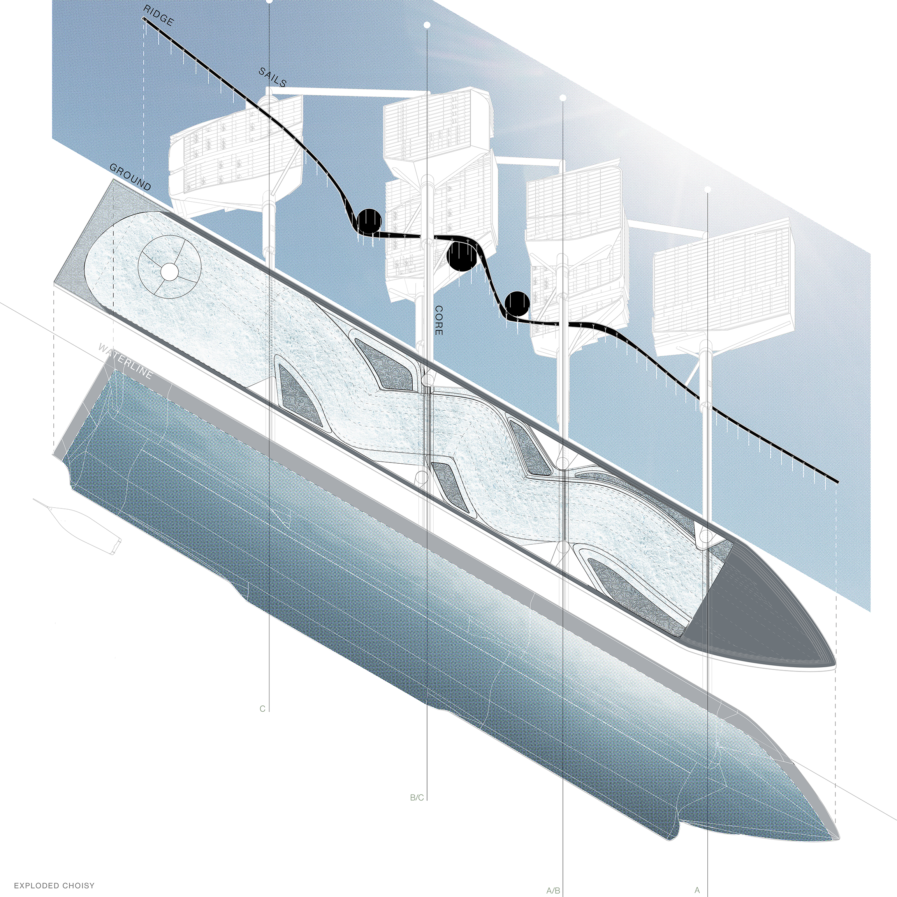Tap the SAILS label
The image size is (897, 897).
(x=273, y=77)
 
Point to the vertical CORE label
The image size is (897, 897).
(x=438, y=320)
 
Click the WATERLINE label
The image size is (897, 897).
(x=125, y=362)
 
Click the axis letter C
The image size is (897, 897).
(x=262, y=709)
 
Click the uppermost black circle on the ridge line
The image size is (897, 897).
(x=369, y=221)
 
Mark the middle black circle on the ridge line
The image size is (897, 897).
(x=461, y=257)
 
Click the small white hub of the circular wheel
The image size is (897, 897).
(x=170, y=272)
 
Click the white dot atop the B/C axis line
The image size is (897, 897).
(x=427, y=25)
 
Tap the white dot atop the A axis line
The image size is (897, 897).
(x=707, y=190)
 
